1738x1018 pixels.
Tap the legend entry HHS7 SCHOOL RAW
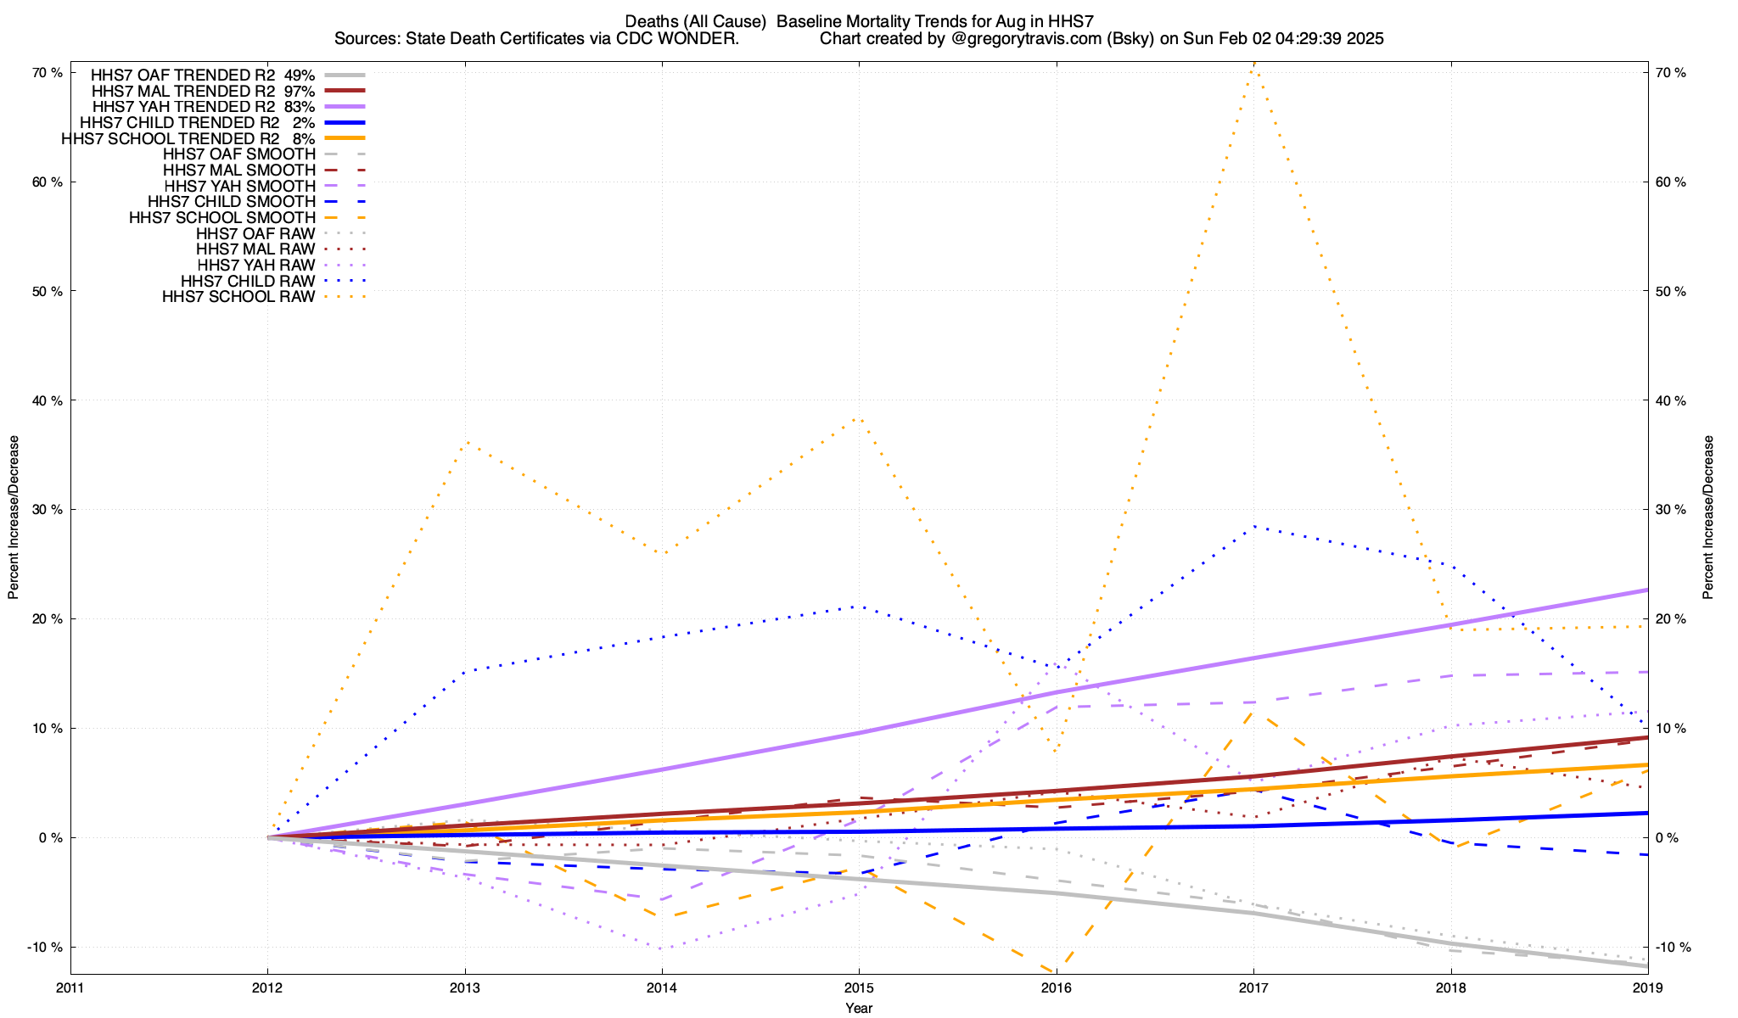pyautogui.click(x=238, y=297)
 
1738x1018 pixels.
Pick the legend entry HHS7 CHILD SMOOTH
pyautogui.click(x=232, y=202)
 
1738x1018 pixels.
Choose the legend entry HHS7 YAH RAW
pyautogui.click(x=255, y=266)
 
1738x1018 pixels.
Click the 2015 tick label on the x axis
pyautogui.click(x=859, y=988)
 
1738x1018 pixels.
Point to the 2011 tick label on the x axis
pyautogui.click(x=70, y=988)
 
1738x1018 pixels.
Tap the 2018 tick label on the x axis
pyautogui.click(x=1450, y=988)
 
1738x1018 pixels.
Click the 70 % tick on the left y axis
pyautogui.click(x=48, y=73)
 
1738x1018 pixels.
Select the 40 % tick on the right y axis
pyautogui.click(x=1671, y=400)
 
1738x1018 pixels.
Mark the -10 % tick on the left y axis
pyautogui.click(x=45, y=947)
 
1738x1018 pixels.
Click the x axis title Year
pyautogui.click(x=859, y=1008)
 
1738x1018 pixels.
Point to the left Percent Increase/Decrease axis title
pyautogui.click(x=14, y=517)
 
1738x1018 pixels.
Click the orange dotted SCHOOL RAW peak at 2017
pyautogui.click(x=1253, y=64)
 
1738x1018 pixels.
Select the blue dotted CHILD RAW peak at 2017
pyautogui.click(x=1253, y=527)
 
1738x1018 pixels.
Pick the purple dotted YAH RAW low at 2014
pyautogui.click(x=662, y=948)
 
